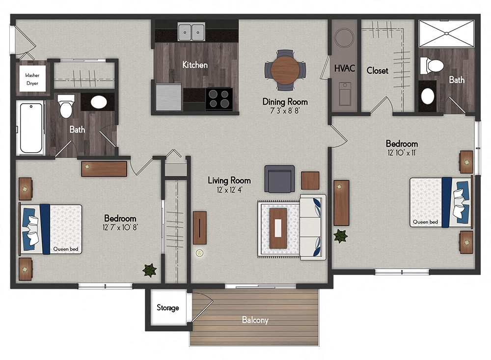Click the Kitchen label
[x=195, y=65]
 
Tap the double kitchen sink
[x=191, y=31]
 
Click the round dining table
[x=285, y=70]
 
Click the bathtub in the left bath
[x=31, y=128]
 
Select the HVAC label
[x=345, y=68]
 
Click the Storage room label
[x=168, y=307]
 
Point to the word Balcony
[x=255, y=320]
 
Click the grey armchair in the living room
[x=280, y=179]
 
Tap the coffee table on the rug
[x=278, y=228]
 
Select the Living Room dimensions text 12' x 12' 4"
[x=229, y=190]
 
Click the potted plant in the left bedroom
[x=149, y=270]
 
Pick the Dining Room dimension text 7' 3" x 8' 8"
[x=285, y=111]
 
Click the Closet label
[x=377, y=71]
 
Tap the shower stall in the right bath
[x=446, y=33]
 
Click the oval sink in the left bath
[x=99, y=102]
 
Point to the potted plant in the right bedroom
[x=341, y=236]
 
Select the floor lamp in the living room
[x=199, y=253]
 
